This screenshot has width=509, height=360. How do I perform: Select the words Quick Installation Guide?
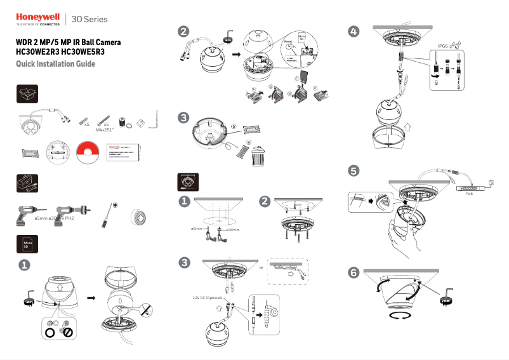pos(55,64)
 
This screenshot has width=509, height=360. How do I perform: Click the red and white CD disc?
pos(88,154)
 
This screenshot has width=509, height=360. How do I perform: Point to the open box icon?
pos(27,94)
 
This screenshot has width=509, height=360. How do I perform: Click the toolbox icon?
pos(27,184)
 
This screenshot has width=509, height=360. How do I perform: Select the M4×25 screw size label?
pos(107,129)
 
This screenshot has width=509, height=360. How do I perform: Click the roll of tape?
pos(139,217)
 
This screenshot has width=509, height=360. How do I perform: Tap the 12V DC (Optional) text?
pos(209,297)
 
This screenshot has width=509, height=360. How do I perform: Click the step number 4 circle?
pos(354,30)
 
